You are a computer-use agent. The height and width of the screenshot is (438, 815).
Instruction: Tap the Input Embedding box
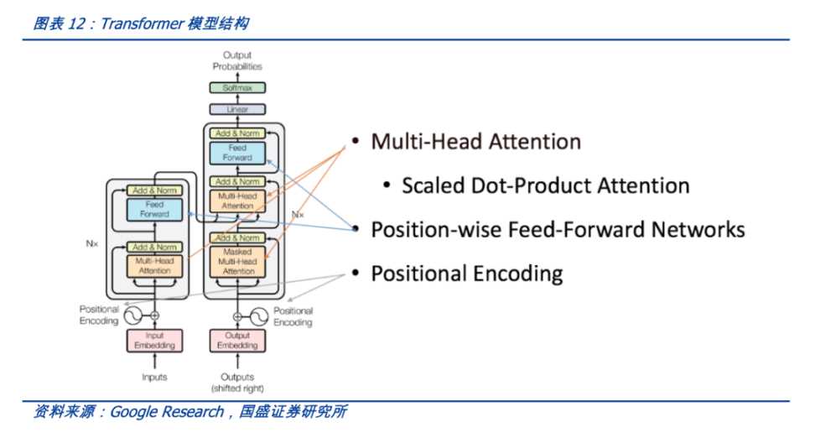tap(155, 341)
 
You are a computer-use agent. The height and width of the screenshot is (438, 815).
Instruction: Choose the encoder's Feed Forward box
tap(155, 209)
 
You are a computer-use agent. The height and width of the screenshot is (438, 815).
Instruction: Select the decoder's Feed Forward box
tap(238, 153)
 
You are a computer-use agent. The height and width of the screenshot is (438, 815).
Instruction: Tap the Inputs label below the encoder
tap(155, 377)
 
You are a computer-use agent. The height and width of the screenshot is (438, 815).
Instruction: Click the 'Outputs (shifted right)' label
tap(237, 383)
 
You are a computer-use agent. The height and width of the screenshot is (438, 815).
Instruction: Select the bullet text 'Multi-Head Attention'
tap(475, 142)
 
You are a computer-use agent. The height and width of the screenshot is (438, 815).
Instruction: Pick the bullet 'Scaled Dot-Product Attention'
tap(545, 185)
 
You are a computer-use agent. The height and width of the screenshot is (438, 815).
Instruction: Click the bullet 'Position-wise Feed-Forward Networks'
tap(558, 229)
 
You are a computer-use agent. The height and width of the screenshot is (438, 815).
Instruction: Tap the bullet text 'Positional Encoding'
tap(466, 274)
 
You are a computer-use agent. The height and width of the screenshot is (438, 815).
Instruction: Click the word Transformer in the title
tap(141, 23)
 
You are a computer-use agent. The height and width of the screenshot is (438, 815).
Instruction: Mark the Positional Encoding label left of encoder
tap(99, 315)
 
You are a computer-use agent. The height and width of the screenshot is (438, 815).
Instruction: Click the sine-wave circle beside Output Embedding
tap(259, 317)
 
